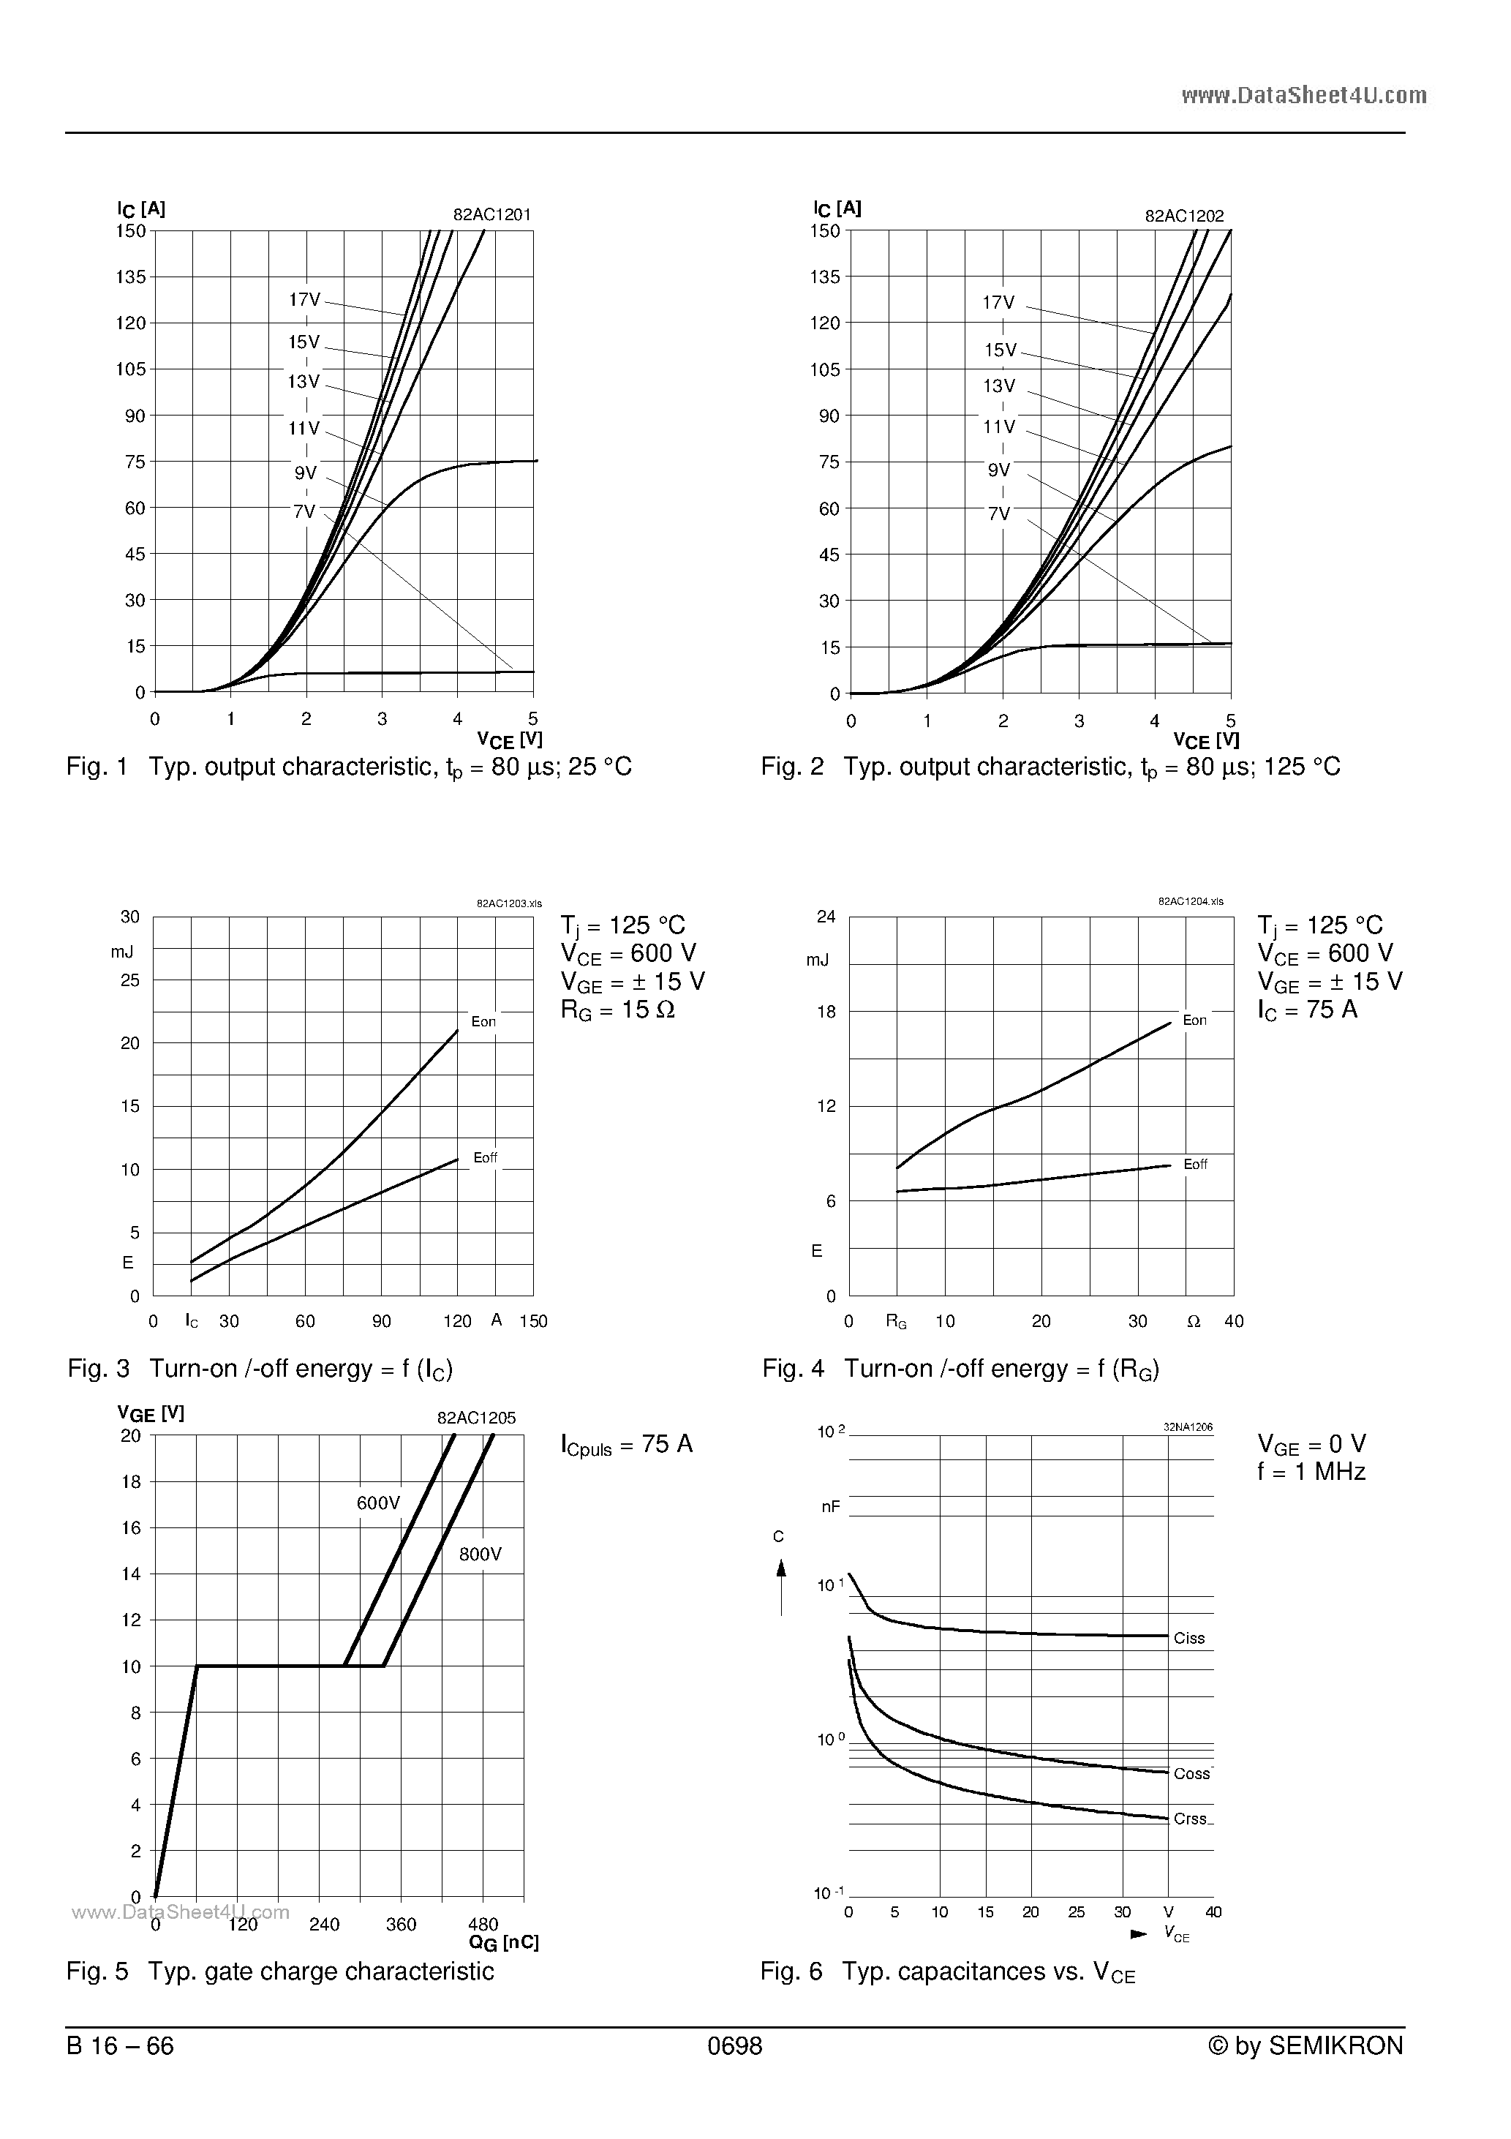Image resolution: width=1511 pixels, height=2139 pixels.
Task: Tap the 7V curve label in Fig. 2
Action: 998,514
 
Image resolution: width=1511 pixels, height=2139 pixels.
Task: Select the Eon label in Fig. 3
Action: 483,1022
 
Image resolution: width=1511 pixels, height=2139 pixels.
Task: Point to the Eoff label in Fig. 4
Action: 1195,1165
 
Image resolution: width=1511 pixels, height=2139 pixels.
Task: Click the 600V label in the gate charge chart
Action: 378,1503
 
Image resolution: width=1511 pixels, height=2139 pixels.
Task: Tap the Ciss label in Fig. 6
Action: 1188,1639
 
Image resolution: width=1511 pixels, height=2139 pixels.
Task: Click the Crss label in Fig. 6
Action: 1191,1819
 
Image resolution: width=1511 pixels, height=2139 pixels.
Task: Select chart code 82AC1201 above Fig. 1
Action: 492,214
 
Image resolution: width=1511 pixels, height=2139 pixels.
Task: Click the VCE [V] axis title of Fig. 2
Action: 1206,740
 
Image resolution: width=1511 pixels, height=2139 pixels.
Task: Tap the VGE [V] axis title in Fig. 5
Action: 151,1413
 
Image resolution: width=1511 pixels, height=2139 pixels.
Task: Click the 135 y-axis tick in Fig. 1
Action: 130,277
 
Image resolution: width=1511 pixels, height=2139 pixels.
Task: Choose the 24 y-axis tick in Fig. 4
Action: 826,917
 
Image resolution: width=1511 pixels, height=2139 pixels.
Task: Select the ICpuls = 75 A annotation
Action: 627,1445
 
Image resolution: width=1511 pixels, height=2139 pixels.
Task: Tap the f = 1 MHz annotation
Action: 1311,1472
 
